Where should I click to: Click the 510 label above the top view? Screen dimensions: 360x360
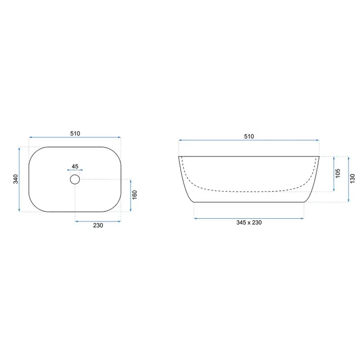coord(75,133)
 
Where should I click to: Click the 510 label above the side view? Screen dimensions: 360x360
coord(249,136)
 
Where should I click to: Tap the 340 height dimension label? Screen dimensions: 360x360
coord(16,179)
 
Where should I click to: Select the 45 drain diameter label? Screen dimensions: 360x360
coord(75,166)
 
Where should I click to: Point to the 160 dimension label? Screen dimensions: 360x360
coord(135,195)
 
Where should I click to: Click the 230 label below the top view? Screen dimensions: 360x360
coord(98,225)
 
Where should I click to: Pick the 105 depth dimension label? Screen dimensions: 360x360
coord(338,173)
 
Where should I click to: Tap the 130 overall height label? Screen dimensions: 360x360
coord(352,179)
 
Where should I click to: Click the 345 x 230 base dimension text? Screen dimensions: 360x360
coord(249,222)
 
